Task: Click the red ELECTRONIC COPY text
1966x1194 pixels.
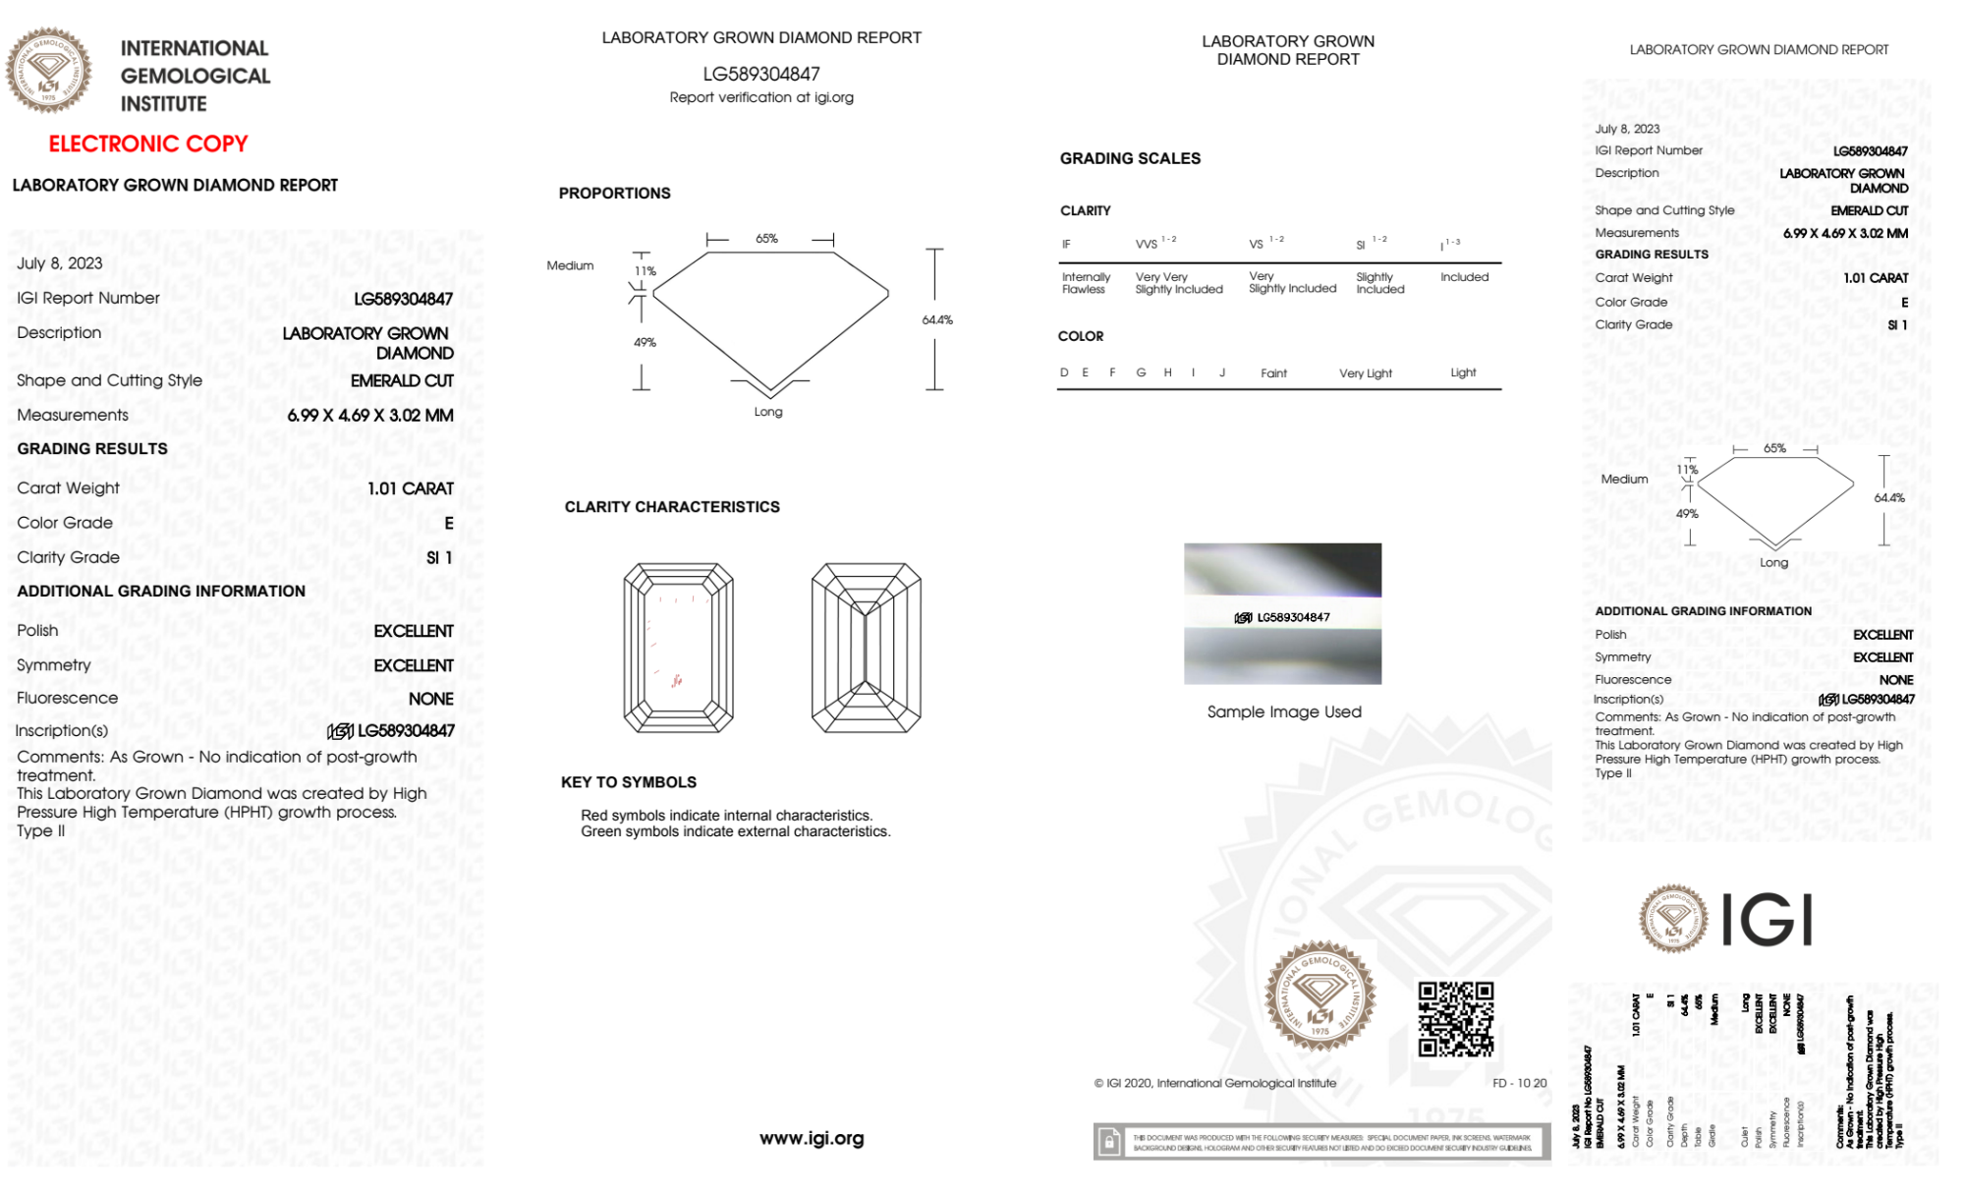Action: pyautogui.click(x=148, y=143)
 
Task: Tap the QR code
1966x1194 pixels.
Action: pyautogui.click(x=1456, y=1019)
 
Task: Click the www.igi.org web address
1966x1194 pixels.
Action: pyautogui.click(x=812, y=1138)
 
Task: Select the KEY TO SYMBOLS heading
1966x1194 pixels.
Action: pyautogui.click(x=629, y=782)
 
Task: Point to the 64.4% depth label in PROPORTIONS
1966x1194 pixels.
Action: pyautogui.click(x=937, y=320)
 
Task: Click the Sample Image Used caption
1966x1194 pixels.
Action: pyautogui.click(x=1284, y=711)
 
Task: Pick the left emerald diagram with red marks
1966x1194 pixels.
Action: pyautogui.click(x=678, y=648)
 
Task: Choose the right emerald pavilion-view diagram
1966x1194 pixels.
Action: pyautogui.click(x=866, y=648)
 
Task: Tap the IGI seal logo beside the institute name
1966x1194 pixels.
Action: pyautogui.click(x=48, y=71)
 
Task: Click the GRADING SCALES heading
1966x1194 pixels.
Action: pyautogui.click(x=1130, y=158)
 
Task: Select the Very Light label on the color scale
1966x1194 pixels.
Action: pyautogui.click(x=1365, y=373)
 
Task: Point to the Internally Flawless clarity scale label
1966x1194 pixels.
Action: pyautogui.click(x=1086, y=283)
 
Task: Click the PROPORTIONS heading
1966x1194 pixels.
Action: pyautogui.click(x=614, y=194)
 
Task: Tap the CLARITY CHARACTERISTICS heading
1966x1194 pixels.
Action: pyautogui.click(x=672, y=507)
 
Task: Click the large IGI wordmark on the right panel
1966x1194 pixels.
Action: pyautogui.click(x=1768, y=921)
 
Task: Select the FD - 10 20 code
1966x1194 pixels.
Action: pyautogui.click(x=1519, y=1083)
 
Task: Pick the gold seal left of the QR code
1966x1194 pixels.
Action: pyautogui.click(x=1320, y=995)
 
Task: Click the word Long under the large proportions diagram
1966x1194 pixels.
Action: pyautogui.click(x=768, y=412)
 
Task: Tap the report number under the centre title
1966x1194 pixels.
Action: pyautogui.click(x=761, y=74)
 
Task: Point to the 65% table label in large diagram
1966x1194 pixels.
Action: pyautogui.click(x=766, y=239)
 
